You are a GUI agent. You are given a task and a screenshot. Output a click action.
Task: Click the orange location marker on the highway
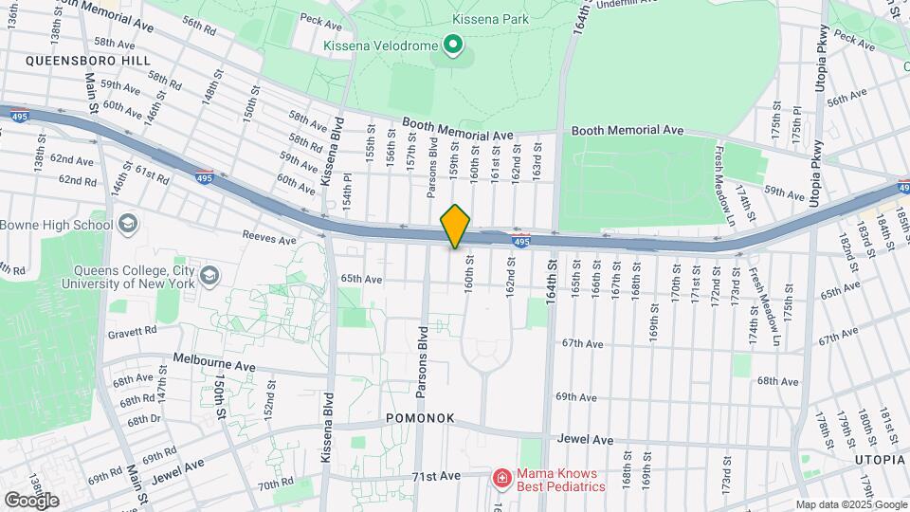point(455,227)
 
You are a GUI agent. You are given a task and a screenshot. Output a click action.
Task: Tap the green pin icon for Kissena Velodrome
point(453,45)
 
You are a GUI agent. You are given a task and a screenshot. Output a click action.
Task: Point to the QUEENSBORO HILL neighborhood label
point(75,60)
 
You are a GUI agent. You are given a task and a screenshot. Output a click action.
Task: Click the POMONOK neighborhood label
point(420,418)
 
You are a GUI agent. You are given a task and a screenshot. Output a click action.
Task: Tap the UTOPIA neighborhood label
point(880,460)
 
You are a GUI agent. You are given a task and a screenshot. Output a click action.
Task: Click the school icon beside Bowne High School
point(128,225)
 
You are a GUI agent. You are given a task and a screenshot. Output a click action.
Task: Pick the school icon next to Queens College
point(208,275)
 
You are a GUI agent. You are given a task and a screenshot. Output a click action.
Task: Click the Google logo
point(30,500)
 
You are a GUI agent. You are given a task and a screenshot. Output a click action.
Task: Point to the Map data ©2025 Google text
point(850,504)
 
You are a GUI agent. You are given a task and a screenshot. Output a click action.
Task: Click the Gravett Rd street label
point(132,332)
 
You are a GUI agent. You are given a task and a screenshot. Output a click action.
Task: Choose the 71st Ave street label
point(437,475)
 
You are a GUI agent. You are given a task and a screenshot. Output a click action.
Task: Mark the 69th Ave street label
point(575,396)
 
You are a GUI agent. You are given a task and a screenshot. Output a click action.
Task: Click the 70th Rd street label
point(275,485)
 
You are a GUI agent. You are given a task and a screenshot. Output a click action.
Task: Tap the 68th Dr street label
point(144,419)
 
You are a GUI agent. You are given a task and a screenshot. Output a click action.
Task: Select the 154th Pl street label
point(347,195)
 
